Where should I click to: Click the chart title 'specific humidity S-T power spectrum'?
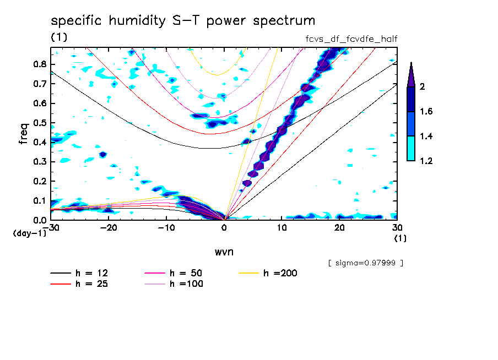click(x=183, y=21)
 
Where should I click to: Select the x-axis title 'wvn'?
click(x=224, y=252)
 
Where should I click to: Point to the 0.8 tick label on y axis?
click(x=39, y=64)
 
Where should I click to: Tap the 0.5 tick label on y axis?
click(x=39, y=122)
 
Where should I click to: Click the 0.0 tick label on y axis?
click(x=39, y=220)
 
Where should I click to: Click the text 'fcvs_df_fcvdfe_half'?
click(x=351, y=39)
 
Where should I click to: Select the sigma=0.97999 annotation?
click(x=365, y=263)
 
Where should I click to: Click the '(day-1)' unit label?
click(x=30, y=233)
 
